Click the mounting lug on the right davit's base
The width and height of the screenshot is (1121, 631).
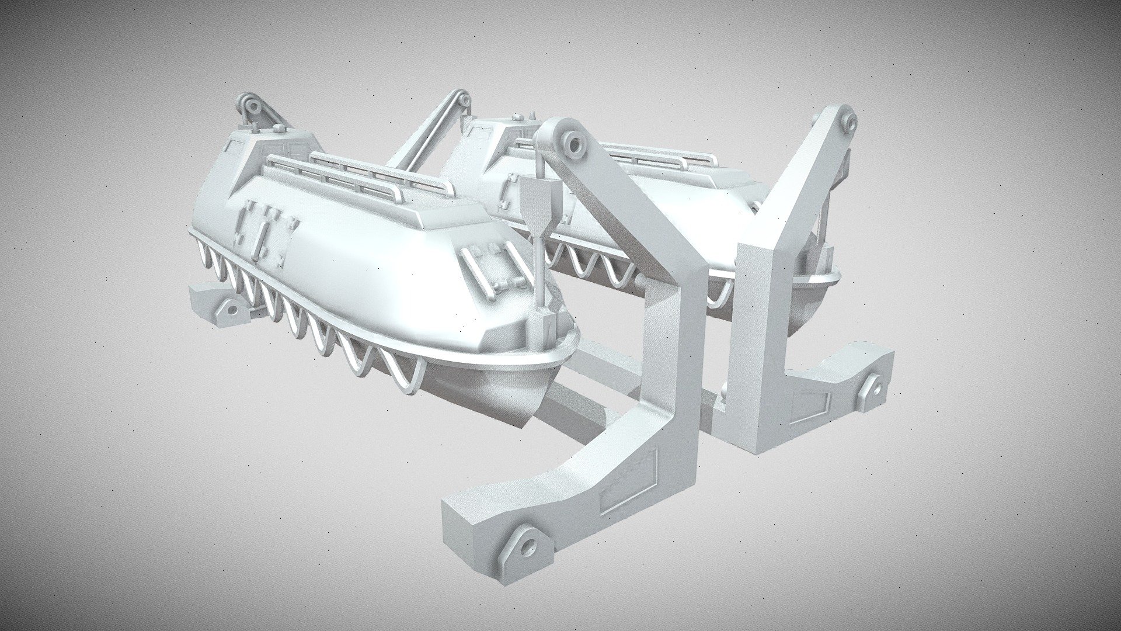[x=875, y=388]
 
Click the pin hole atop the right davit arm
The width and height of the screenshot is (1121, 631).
[x=846, y=122]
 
